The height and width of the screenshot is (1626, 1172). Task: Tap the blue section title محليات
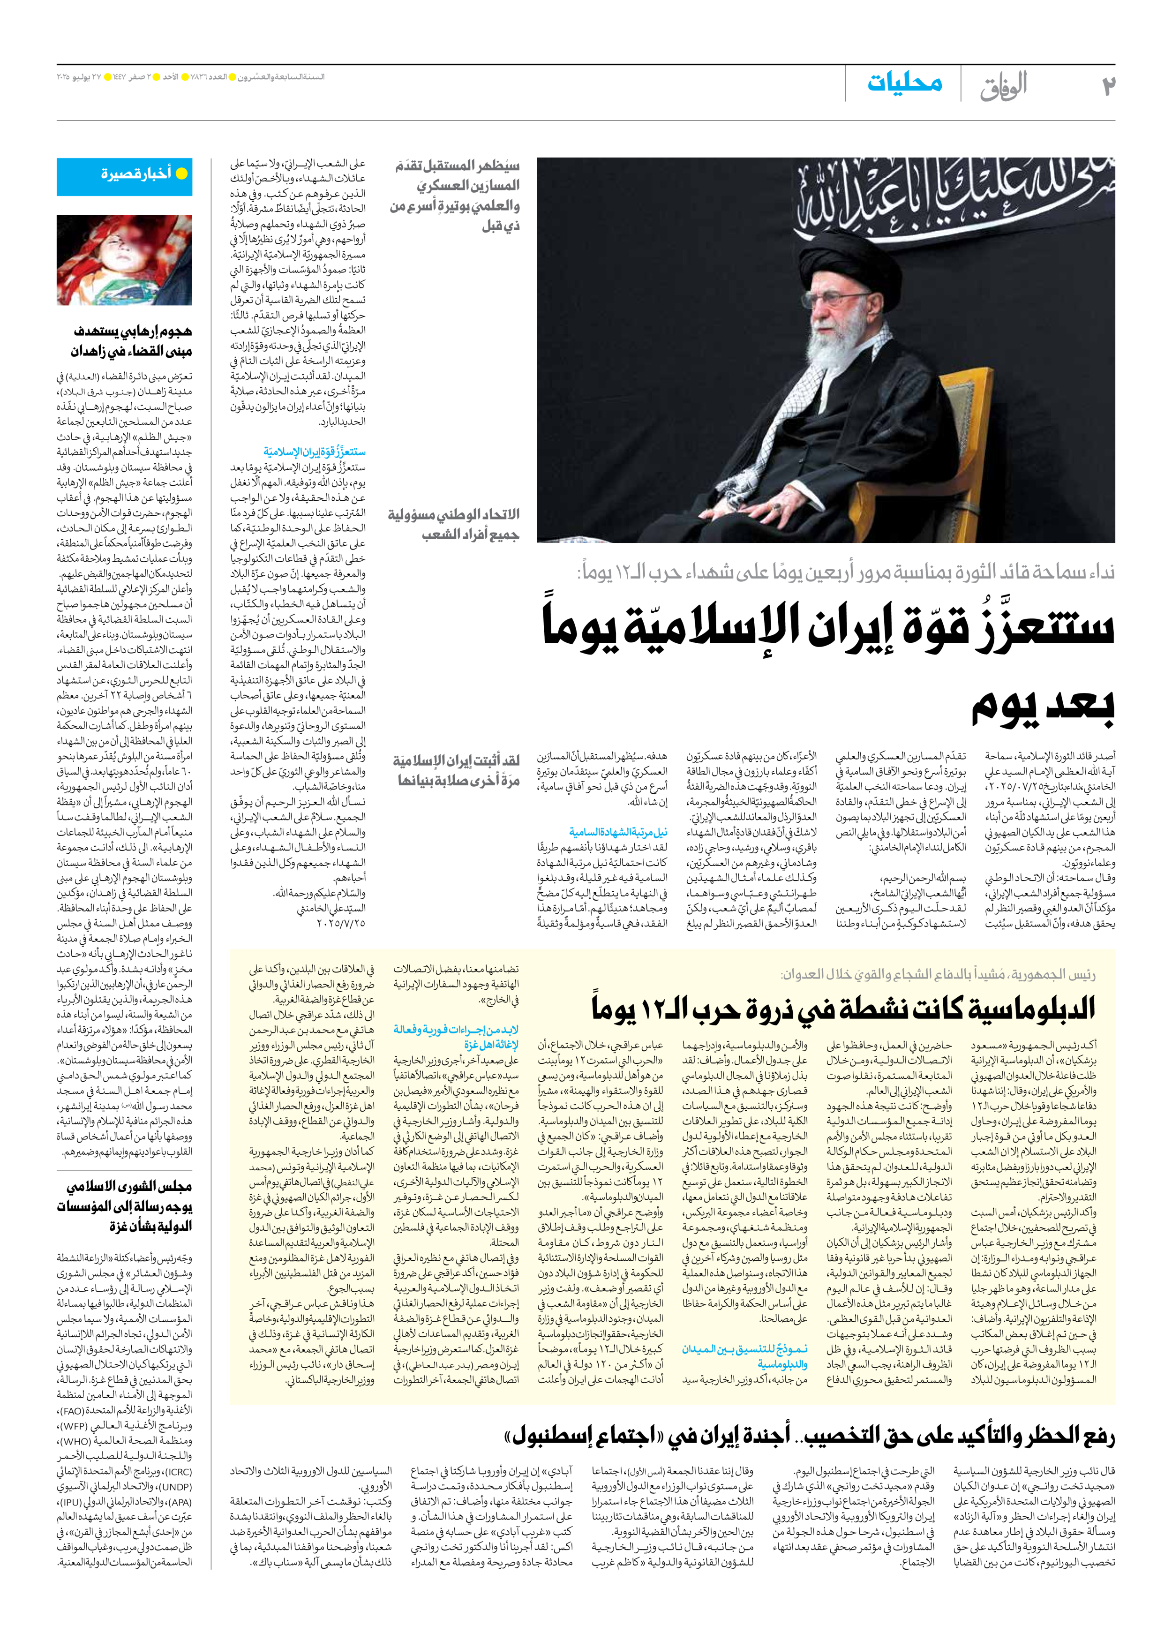point(905,83)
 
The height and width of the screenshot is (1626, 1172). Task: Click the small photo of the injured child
point(125,260)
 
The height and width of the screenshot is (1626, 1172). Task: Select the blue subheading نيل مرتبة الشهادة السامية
point(618,832)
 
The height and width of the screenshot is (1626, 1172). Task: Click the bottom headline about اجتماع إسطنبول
point(810,1435)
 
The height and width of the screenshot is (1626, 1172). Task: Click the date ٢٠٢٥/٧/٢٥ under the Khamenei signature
point(341,923)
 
